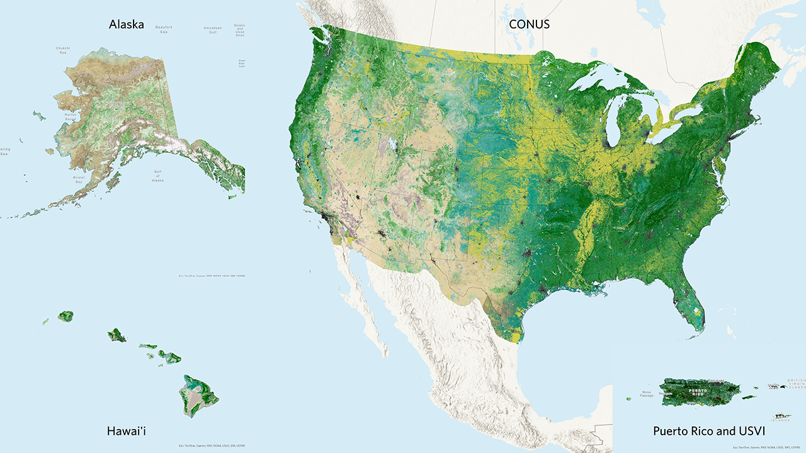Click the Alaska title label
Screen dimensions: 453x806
pos(126,25)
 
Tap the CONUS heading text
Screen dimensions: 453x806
pos(530,25)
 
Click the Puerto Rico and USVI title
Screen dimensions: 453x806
pos(709,431)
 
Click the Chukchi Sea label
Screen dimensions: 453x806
pos(62,50)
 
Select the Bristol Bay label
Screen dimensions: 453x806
pos(79,179)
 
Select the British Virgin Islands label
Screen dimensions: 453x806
pos(796,384)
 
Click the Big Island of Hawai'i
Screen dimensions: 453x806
pos(198,396)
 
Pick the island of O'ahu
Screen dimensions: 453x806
pos(117,335)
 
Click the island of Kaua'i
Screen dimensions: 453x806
pos(65,316)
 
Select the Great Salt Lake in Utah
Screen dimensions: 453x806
pos(394,145)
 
